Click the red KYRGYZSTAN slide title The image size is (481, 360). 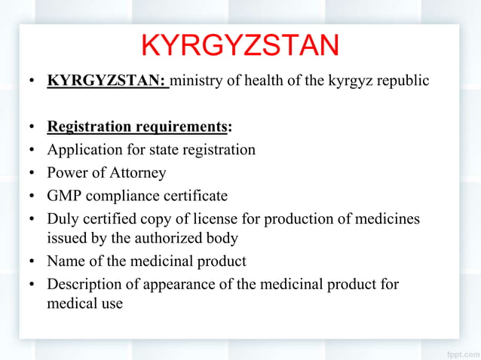(x=240, y=47)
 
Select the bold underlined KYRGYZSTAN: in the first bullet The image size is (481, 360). (x=107, y=80)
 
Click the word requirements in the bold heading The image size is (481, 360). (x=180, y=127)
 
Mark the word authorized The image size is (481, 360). (x=170, y=239)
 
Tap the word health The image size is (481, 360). (x=272, y=80)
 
